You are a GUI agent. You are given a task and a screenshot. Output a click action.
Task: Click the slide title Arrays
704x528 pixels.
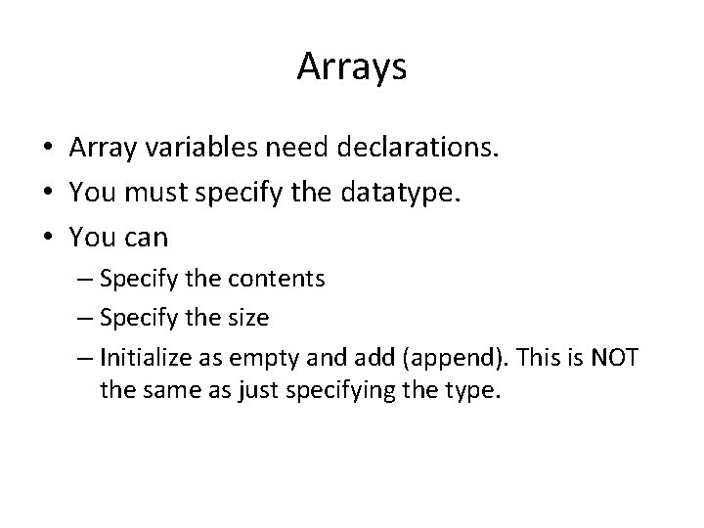tap(351, 67)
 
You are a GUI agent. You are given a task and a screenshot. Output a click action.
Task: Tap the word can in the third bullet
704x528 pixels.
tap(145, 236)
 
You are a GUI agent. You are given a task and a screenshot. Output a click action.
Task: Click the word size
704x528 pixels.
tap(250, 318)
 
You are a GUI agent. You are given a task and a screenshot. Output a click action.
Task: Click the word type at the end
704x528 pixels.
tap(470, 393)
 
